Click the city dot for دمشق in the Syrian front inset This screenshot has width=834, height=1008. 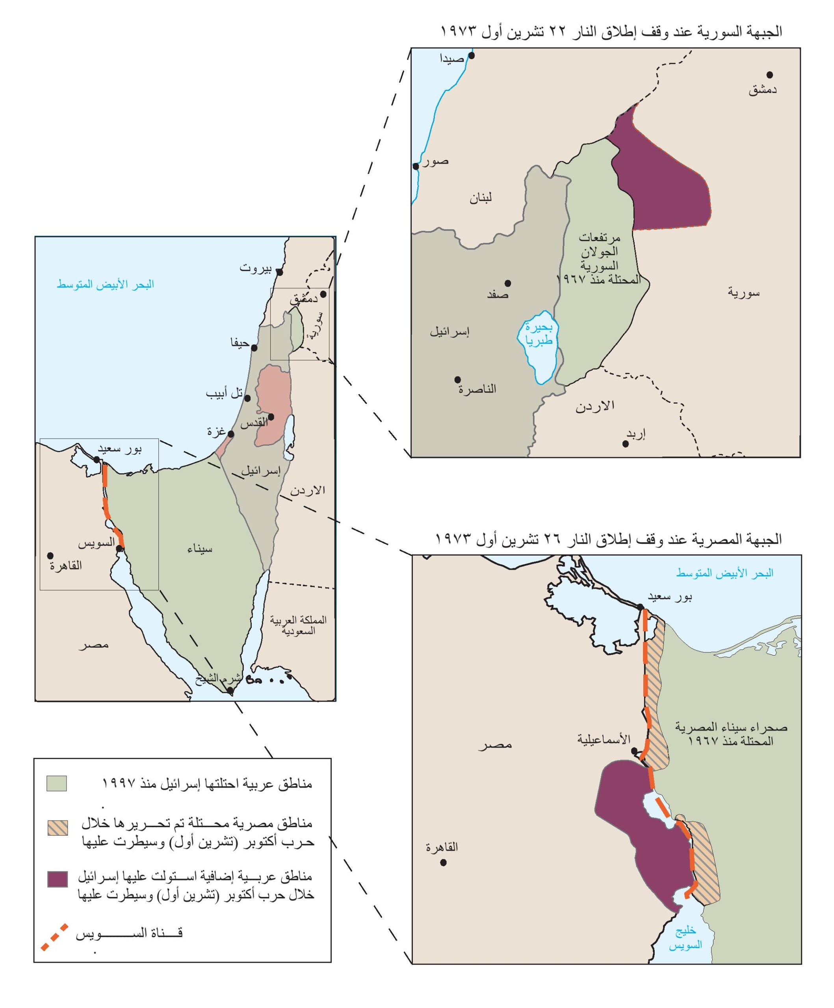point(769,74)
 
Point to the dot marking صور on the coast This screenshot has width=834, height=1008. point(416,166)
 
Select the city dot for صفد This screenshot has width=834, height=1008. point(507,283)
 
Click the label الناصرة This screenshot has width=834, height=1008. point(477,389)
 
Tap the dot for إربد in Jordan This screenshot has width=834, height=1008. point(626,444)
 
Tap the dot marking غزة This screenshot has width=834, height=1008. point(230,434)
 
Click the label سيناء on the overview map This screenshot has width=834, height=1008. point(200,549)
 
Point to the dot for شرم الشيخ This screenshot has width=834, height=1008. point(230,691)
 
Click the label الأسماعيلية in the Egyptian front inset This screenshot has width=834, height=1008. point(604,739)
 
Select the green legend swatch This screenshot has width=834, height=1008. point(57,783)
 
